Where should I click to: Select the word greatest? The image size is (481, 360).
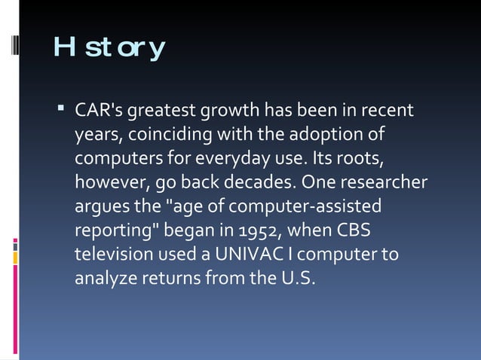162,111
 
